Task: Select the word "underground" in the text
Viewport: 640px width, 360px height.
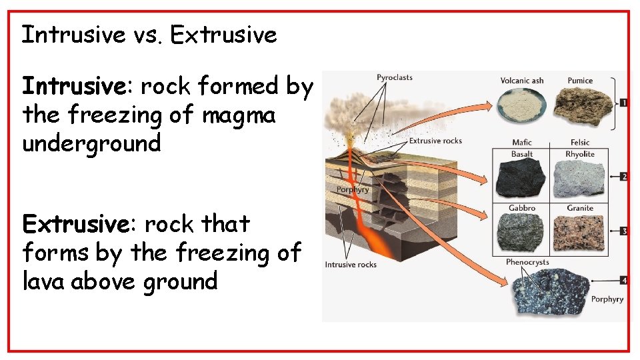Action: click(91, 143)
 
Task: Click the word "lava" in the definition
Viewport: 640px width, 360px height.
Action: click(43, 281)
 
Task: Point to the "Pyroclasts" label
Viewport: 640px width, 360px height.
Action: click(394, 77)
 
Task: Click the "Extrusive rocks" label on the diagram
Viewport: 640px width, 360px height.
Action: click(435, 141)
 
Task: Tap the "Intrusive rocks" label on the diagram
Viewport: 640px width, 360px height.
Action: click(351, 265)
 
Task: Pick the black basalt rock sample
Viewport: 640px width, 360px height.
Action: click(521, 179)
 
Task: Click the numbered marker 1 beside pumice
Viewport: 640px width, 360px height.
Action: click(623, 103)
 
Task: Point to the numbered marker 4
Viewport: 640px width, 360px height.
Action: click(623, 281)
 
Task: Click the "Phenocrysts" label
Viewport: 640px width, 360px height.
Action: click(527, 262)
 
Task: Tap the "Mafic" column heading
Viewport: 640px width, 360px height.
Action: click(522, 143)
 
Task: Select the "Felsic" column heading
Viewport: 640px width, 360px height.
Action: click(580, 143)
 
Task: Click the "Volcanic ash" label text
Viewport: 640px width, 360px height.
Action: click(522, 81)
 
